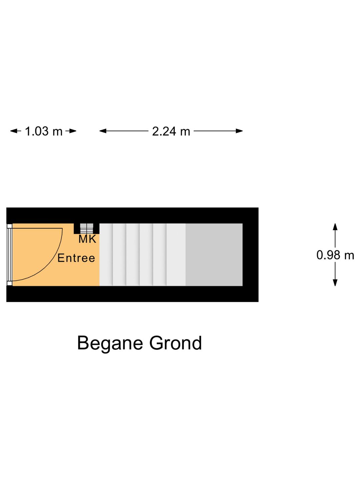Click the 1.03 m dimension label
click(44, 131)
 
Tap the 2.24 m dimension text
click(171, 131)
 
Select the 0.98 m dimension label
click(335, 255)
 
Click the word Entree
click(76, 258)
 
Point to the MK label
click(87, 239)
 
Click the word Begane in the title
click(110, 343)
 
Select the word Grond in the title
click(176, 343)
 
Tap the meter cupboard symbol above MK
click(87, 229)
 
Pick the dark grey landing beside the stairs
click(214, 255)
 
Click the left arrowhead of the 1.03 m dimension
click(14, 131)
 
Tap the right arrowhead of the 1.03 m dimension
click(72, 131)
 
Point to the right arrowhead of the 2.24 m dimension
click(239, 131)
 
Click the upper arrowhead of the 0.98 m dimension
click(335, 227)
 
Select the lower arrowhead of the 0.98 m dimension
click(335, 283)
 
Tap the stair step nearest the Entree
click(106, 255)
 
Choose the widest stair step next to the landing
click(176, 255)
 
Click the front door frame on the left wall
click(9, 255)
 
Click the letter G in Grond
click(156, 343)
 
